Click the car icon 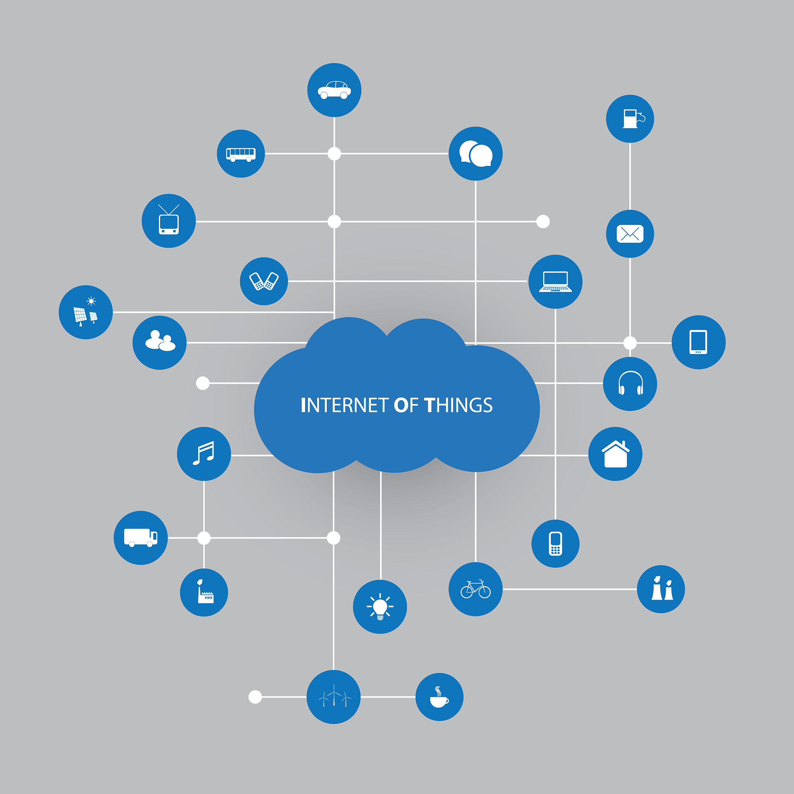[334, 90]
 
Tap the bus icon [241, 154]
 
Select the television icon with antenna [169, 221]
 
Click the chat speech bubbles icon [475, 154]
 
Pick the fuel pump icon [630, 119]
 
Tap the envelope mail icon [630, 234]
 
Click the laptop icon [555, 282]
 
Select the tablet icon [699, 342]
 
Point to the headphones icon [630, 384]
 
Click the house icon [615, 454]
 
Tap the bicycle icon [475, 589]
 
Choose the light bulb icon [380, 607]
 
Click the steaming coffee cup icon [439, 697]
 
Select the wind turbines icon [334, 697]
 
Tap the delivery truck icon [141, 538]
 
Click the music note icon [204, 454]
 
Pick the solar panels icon [85, 312]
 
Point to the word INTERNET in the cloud [344, 405]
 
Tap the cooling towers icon [661, 589]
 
